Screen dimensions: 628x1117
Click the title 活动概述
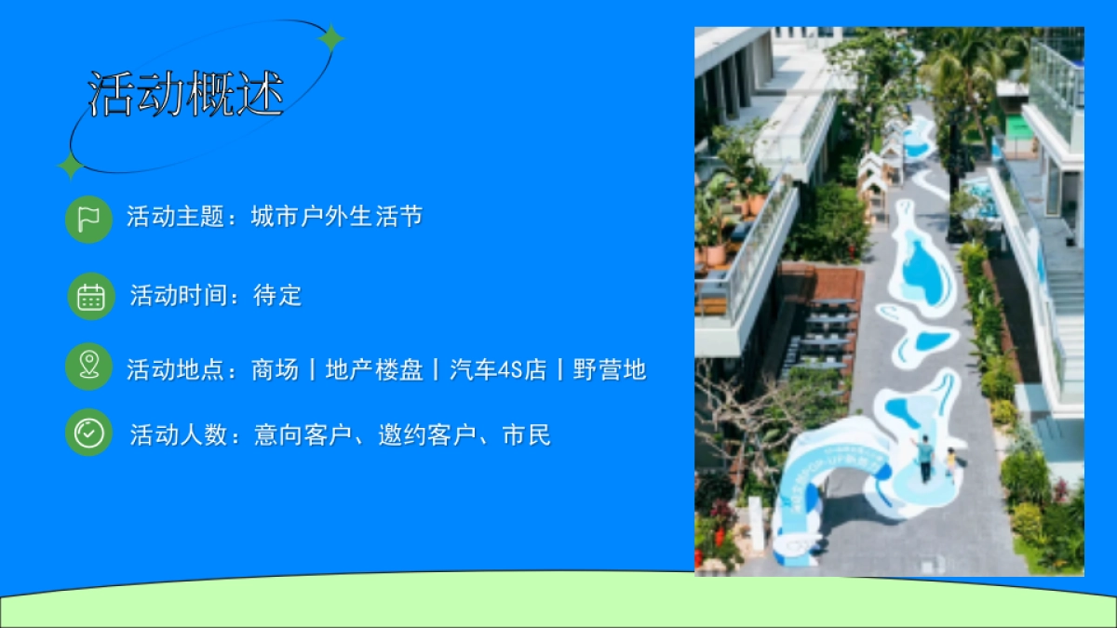pos(186,94)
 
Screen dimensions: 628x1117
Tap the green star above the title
pos(330,38)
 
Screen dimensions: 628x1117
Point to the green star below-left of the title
pos(70,166)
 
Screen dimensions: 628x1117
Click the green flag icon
pos(88,220)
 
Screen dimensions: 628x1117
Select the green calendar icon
pos(90,297)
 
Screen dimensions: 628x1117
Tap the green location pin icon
pos(88,366)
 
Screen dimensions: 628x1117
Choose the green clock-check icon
pos(88,433)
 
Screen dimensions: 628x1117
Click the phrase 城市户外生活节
pos(337,218)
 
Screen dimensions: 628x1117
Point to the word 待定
pos(277,296)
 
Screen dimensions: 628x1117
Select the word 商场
pos(275,369)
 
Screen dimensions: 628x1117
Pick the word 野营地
pos(610,369)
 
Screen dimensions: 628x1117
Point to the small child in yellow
pos(950,461)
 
